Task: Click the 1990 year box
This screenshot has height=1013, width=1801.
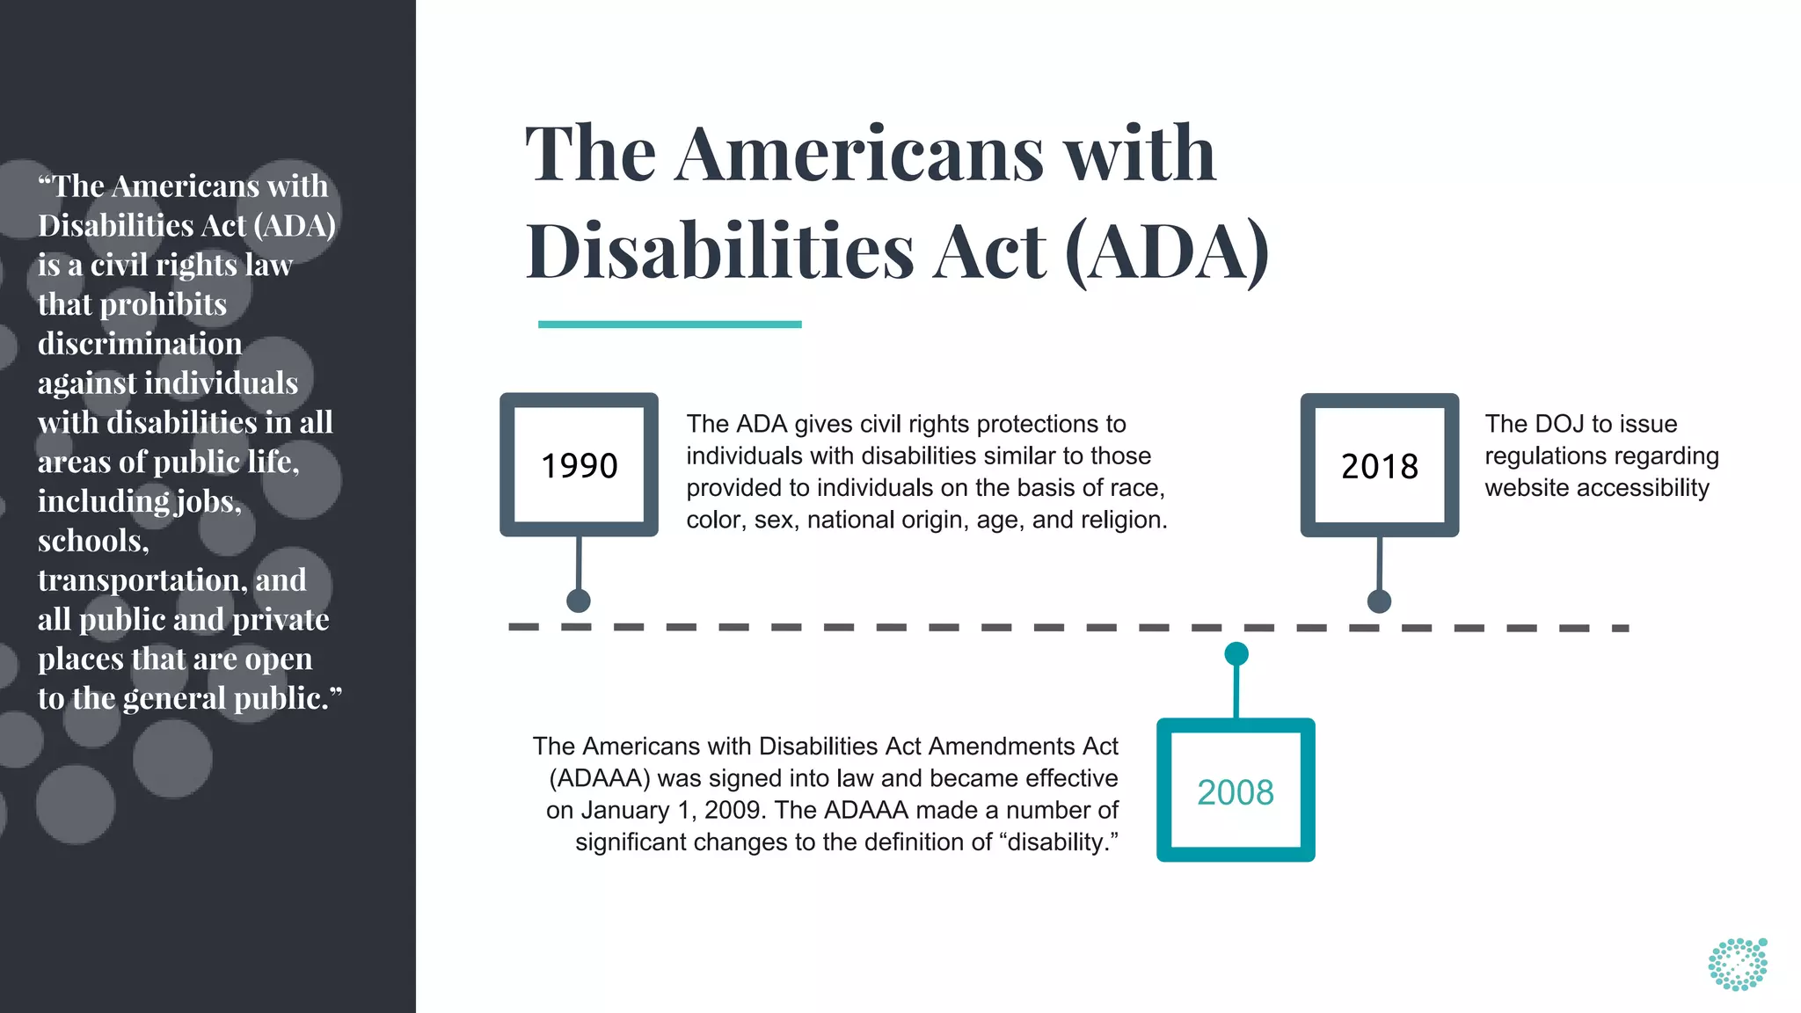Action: click(579, 464)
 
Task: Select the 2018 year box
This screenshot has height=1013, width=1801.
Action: click(1379, 465)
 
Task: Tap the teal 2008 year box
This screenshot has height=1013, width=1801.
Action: click(1235, 791)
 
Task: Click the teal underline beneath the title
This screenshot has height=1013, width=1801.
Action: click(669, 324)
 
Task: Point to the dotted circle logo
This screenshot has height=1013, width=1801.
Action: click(1738, 965)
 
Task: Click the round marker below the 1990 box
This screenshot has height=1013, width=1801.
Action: click(579, 601)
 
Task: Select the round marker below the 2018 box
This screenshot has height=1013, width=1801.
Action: click(1379, 601)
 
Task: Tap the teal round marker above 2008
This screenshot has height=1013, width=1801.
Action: click(1236, 654)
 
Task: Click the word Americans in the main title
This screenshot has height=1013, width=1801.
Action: click(859, 155)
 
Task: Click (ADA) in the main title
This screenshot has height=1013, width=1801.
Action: click(1166, 252)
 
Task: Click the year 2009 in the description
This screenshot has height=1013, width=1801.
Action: click(735, 810)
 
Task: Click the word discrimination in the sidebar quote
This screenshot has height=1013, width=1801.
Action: click(140, 344)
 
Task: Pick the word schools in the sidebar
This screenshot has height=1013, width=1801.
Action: click(92, 541)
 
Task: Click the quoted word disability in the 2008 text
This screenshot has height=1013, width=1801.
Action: click(1059, 842)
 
